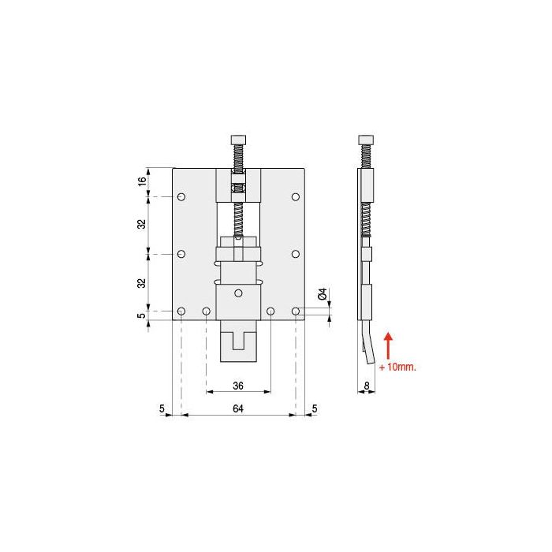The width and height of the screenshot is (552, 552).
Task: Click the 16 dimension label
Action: click(x=142, y=181)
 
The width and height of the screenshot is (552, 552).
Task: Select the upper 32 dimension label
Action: click(x=142, y=225)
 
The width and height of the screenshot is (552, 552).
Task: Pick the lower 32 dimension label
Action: click(x=142, y=282)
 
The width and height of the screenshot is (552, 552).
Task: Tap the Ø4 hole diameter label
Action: click(x=322, y=296)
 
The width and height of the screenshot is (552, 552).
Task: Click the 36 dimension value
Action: click(x=237, y=386)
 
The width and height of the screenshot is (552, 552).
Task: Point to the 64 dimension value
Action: click(x=237, y=408)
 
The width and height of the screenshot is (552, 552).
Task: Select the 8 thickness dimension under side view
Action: click(x=366, y=386)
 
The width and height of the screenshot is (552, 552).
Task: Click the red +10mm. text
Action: click(x=397, y=367)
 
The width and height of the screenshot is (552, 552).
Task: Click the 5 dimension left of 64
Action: click(x=162, y=408)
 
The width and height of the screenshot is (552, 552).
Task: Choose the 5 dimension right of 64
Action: click(x=315, y=408)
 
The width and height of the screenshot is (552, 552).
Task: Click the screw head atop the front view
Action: click(x=238, y=140)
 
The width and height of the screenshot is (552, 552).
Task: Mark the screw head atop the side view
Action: click(x=365, y=140)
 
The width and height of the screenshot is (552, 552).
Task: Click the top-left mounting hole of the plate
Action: click(x=181, y=196)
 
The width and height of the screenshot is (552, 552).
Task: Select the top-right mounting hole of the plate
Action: click(x=296, y=196)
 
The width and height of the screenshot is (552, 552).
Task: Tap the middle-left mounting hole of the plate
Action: click(x=181, y=254)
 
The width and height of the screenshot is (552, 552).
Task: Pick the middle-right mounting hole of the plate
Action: click(x=296, y=254)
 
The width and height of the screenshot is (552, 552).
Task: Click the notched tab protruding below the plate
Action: click(x=238, y=341)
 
